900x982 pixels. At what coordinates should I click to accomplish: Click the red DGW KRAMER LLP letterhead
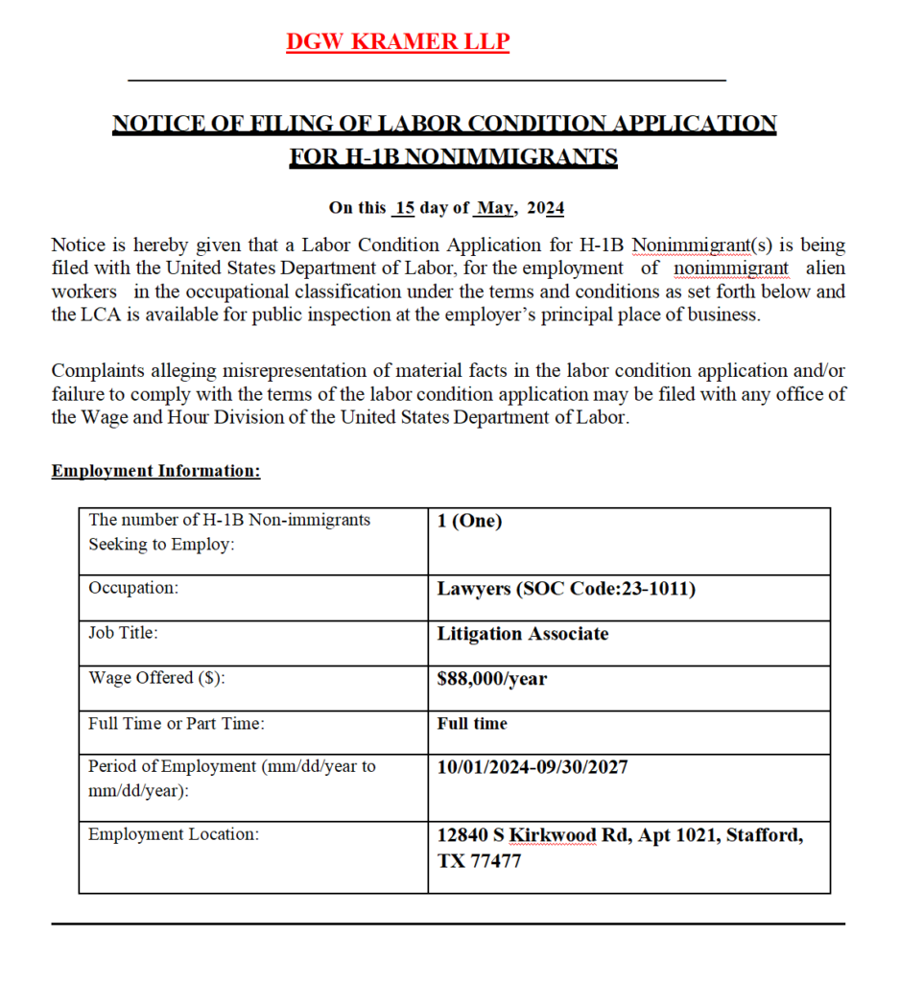[397, 42]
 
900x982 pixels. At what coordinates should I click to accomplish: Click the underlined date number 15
[404, 208]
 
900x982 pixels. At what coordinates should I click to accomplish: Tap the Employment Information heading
[155, 471]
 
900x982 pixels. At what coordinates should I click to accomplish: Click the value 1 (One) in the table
[469, 521]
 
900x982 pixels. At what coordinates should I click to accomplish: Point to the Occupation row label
[133, 588]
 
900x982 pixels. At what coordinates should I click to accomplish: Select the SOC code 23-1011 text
[652, 588]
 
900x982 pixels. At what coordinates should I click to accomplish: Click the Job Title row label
[123, 633]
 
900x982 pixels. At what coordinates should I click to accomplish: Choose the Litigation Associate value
[522, 634]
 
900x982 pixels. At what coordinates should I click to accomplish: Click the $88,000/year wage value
[491, 679]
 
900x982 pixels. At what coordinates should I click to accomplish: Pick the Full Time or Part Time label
[177, 724]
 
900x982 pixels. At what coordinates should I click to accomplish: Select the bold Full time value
[472, 724]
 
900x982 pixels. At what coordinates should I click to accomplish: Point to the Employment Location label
[174, 834]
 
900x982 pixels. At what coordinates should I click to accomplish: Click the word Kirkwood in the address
[552, 835]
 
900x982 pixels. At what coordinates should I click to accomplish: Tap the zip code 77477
[494, 860]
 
